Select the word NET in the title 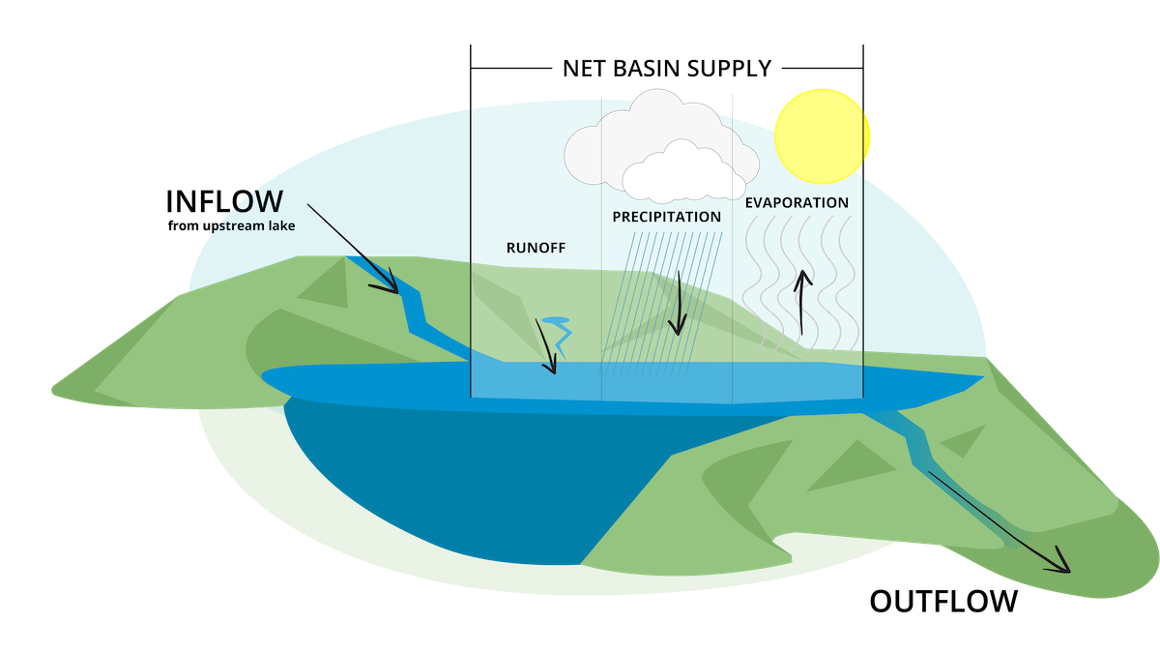point(586,69)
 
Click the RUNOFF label point(536,248)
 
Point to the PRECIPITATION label point(666,217)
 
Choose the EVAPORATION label point(797,203)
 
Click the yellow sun point(822,136)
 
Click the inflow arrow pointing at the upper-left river point(353,248)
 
